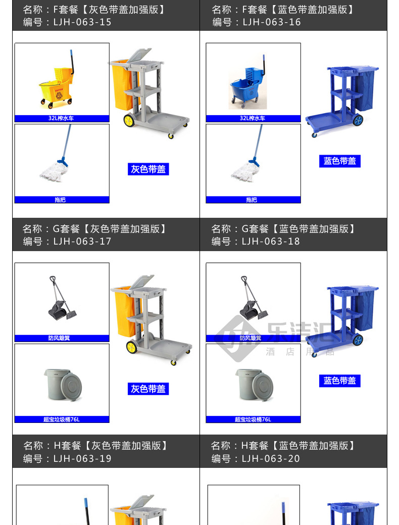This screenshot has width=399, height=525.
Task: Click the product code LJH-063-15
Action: coord(82,22)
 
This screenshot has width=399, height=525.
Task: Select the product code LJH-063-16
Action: coord(271,22)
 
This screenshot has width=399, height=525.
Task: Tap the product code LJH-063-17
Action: coord(82,241)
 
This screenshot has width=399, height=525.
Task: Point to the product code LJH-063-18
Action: coord(271,241)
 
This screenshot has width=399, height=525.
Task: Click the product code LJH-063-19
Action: coord(82,458)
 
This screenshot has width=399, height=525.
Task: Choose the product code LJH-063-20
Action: coord(271,458)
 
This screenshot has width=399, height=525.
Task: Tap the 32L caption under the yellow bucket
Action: coord(61,118)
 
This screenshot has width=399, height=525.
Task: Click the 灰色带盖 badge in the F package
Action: coord(148,169)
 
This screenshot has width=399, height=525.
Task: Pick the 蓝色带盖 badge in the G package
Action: coord(340,380)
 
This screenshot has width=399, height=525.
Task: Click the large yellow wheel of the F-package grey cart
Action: coord(129,121)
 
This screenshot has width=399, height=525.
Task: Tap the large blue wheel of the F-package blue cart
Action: coord(358,120)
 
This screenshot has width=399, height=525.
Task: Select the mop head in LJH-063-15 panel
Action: coord(54,172)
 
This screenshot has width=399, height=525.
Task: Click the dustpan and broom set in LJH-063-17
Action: coord(62,298)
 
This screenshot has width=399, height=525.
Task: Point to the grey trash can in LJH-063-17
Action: coord(63,385)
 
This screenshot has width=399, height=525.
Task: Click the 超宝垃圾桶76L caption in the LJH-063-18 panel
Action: coord(253,419)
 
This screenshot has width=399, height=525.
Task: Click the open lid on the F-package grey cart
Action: coord(139,55)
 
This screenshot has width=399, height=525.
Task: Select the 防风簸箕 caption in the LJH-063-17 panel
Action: coord(59,338)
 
